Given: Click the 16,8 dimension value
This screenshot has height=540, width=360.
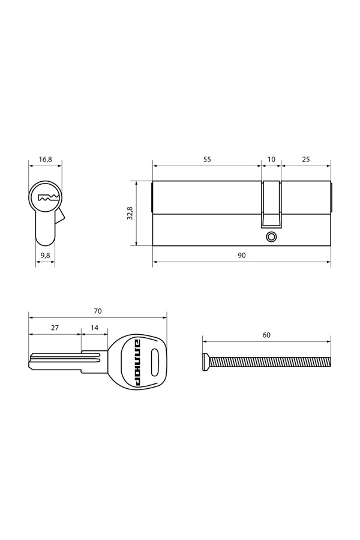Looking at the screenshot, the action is pyautogui.click(x=46, y=160).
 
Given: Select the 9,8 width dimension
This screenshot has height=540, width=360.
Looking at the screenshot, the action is pyautogui.click(x=46, y=255).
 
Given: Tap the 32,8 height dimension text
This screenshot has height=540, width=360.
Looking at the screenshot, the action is pyautogui.click(x=130, y=213).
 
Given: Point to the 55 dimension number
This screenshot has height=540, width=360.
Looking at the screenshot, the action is pyautogui.click(x=206, y=160).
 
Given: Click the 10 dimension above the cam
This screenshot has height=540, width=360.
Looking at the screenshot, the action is pyautogui.click(x=271, y=160).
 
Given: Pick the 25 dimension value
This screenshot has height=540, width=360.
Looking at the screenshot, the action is pyautogui.click(x=306, y=160).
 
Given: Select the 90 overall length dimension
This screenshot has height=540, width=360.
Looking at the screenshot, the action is pyautogui.click(x=242, y=255).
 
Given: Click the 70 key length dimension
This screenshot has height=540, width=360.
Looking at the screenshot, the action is pyautogui.click(x=98, y=311).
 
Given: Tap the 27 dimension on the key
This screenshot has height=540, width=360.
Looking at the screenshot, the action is pyautogui.click(x=55, y=328).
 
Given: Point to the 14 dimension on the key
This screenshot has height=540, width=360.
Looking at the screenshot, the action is pyautogui.click(x=94, y=328).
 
